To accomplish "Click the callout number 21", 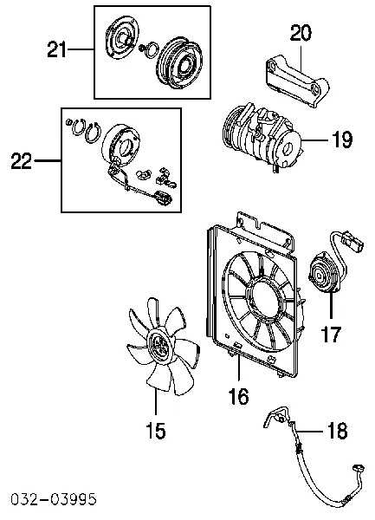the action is (56, 49).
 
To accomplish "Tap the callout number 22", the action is (22, 161).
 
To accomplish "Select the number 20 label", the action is (301, 33).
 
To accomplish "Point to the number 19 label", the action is (342, 140).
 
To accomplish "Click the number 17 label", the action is (331, 334).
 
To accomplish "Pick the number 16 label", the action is (238, 396).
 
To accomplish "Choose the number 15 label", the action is (156, 431).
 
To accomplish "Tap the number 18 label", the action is (337, 431).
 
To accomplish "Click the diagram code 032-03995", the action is (53, 499).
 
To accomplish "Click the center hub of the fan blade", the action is (160, 346).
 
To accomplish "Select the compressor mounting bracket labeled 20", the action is (297, 82).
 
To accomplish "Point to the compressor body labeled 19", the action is (262, 135).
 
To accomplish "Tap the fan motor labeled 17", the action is (323, 273).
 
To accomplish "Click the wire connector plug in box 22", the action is (163, 198).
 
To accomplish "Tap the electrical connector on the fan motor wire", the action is (353, 242).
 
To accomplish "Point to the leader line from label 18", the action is (310, 431).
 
